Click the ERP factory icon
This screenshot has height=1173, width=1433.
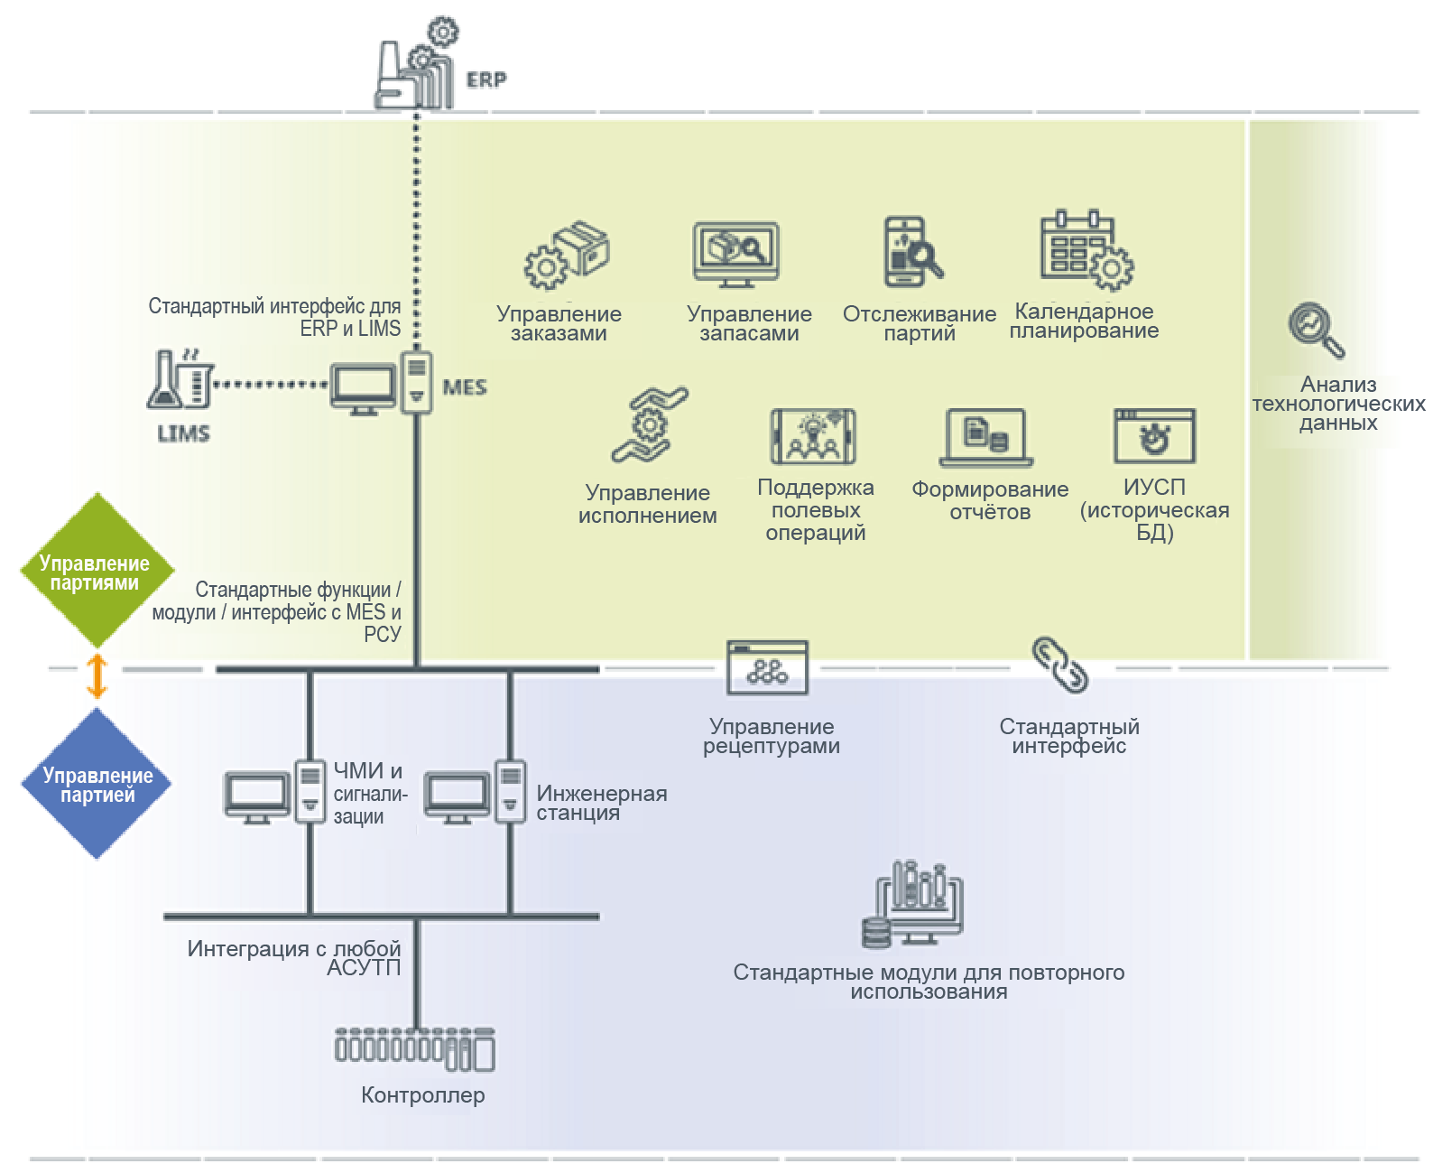415,68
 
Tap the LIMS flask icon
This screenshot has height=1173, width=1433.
180,380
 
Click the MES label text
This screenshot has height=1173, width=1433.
465,387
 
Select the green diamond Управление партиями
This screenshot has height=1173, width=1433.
96,571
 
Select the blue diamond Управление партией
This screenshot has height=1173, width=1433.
97,784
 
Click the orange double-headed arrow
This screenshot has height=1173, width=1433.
97,675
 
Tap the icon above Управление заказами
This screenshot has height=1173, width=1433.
567,256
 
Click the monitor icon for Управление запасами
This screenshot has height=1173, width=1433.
736,254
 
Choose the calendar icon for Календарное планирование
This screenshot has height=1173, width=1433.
1085,251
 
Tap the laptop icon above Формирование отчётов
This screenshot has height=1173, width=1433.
986,438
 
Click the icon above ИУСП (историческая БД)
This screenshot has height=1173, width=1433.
1154,436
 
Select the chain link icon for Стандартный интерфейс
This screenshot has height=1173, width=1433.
1060,666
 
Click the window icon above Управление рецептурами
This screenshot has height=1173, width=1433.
768,667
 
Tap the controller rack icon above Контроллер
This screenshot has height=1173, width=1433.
415,1050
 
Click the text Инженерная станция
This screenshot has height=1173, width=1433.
601,803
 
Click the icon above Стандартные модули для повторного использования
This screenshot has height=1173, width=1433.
913,905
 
